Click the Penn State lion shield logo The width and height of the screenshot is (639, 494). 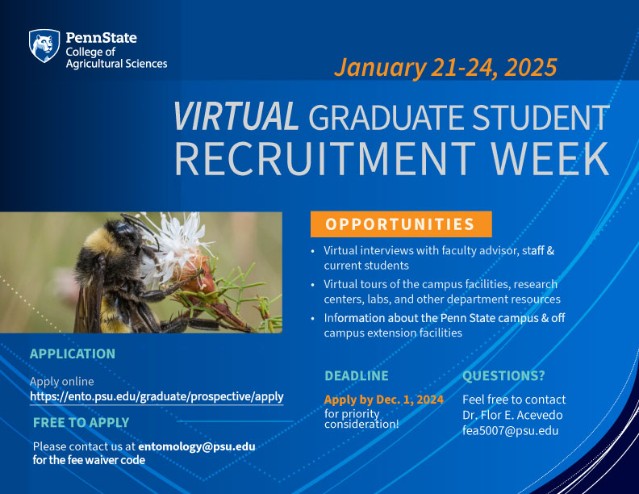coord(44,46)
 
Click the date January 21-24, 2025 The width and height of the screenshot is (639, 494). coord(445,68)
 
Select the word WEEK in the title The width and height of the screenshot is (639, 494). coord(549,158)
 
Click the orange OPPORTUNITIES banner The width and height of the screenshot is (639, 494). coord(401,224)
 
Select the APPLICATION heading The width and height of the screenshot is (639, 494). coord(73,354)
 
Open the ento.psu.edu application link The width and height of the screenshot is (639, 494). coord(157,396)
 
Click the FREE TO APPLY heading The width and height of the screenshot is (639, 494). coord(81,423)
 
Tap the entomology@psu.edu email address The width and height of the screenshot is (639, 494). coord(197,446)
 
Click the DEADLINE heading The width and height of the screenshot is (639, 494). coord(357,376)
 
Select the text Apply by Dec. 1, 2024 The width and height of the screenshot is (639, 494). coord(384,400)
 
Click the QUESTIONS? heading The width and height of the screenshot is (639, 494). coord(503,376)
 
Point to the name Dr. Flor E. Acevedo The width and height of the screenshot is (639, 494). coord(512,416)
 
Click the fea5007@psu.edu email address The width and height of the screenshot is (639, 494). coord(510,431)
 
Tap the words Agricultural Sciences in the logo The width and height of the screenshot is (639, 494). coord(116,64)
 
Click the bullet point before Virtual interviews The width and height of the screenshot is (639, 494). coord(313,251)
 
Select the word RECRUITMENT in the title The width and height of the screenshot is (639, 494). coord(325,158)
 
